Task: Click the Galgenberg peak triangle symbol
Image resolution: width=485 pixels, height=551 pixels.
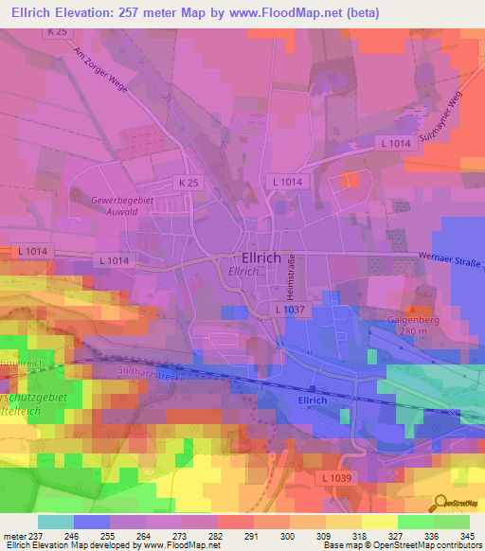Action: pyautogui.click(x=412, y=310)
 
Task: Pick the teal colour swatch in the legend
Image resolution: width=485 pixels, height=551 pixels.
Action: pyautogui.click(x=56, y=522)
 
